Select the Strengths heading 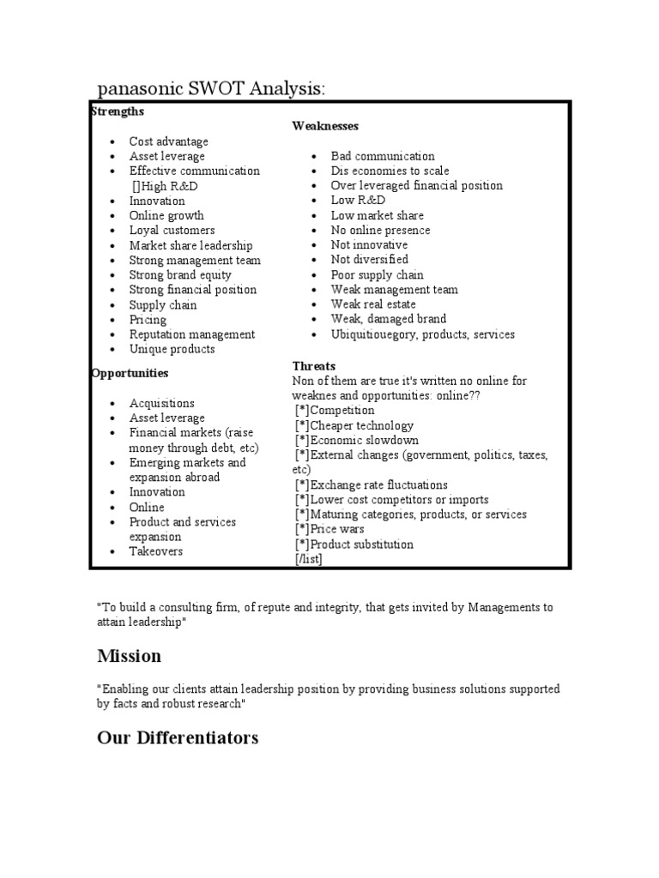118,111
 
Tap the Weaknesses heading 325,126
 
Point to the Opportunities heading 130,373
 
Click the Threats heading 314,366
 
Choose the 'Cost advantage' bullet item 168,141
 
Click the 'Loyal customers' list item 172,230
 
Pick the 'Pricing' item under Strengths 148,320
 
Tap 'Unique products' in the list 172,349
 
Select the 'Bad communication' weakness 383,156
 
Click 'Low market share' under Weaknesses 377,215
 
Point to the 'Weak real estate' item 373,304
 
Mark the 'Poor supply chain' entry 377,274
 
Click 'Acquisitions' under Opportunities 161,403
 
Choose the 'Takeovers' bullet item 155,551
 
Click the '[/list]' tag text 308,559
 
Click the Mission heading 129,656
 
